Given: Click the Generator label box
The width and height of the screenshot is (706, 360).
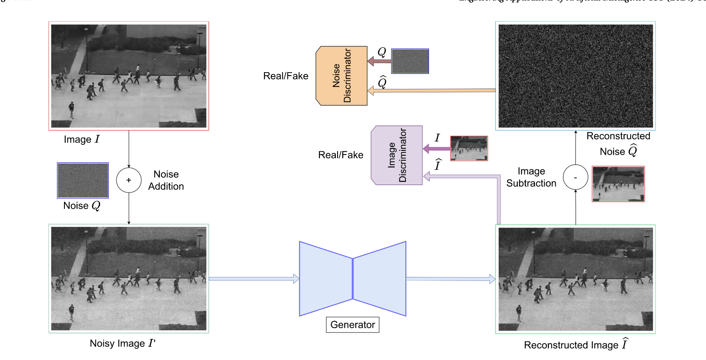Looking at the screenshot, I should pos(353,325).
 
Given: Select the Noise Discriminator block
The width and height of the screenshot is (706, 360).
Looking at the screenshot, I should pos(342,76).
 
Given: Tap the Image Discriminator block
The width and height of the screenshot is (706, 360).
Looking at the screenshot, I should pos(397,155).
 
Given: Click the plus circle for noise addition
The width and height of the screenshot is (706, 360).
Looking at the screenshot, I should pos(129,180).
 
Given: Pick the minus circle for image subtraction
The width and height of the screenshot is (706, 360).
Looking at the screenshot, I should pos(575,177).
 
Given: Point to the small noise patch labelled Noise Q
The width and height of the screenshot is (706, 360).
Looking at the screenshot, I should pos(83,180).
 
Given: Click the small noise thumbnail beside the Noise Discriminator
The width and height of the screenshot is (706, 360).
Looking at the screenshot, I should pos(410,61).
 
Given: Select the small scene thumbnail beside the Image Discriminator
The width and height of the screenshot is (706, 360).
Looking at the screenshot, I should pos(469,148).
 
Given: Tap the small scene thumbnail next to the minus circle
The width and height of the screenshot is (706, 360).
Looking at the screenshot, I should pos(618,184).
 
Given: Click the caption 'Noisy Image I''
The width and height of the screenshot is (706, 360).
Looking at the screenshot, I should pos(122,343).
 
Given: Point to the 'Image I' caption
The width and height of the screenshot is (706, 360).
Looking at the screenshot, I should pos(82,140).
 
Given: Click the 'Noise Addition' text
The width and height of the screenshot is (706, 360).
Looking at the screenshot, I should pos(166,180).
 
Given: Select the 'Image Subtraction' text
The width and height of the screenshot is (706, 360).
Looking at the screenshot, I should pos(531,177).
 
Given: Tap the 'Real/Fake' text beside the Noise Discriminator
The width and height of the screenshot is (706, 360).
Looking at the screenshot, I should pos(286,76).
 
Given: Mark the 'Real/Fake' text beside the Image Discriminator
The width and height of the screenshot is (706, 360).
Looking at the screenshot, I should pos(341,155).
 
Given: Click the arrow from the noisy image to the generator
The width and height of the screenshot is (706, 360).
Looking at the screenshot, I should pos(254,279).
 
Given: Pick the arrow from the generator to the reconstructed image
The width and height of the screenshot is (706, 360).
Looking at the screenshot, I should pos(450,279).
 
